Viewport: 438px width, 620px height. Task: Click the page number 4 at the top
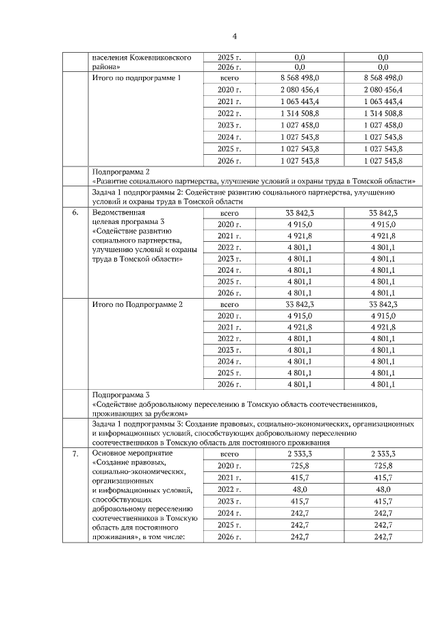[x=234, y=36]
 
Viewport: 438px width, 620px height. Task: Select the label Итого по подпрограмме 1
[x=136, y=78]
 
